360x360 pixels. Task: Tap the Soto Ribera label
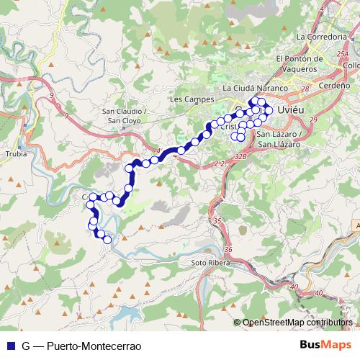[209, 263]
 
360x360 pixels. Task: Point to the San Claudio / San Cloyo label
[125, 117]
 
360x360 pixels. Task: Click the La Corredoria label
[321, 35]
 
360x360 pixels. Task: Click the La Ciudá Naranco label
[256, 89]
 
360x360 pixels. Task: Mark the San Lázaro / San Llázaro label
[278, 140]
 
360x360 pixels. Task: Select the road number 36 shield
[228, 249]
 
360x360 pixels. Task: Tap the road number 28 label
[305, 89]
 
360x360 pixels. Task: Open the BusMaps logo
[325, 346]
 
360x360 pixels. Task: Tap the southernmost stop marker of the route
[108, 240]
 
